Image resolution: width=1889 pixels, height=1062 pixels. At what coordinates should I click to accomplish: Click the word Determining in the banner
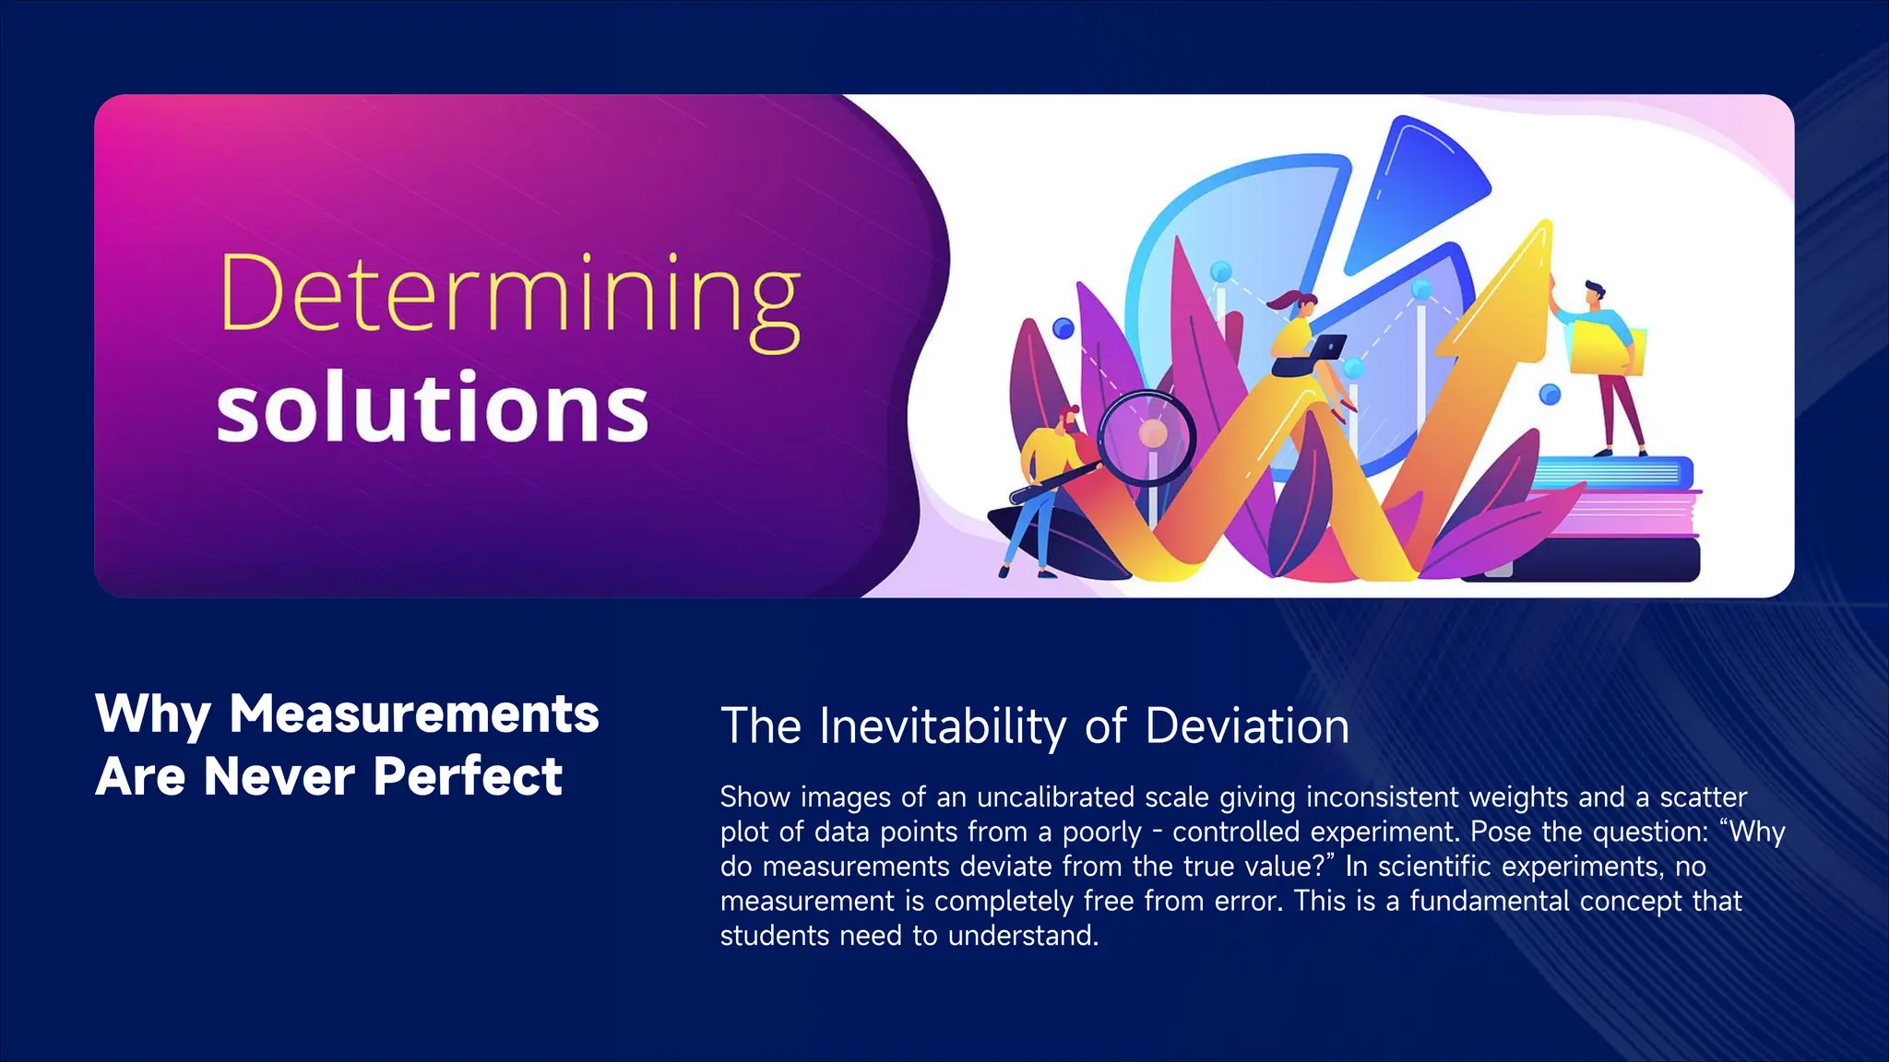[509, 295]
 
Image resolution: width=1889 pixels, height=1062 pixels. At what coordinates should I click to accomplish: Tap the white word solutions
[433, 407]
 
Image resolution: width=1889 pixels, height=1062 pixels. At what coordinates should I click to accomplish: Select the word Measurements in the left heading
[414, 714]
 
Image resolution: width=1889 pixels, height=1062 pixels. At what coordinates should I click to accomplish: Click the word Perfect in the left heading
[468, 776]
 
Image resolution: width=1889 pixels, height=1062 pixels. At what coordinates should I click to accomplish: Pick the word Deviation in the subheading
[1246, 726]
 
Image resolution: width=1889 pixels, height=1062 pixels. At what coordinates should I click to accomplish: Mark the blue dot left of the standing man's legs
[1550, 395]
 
